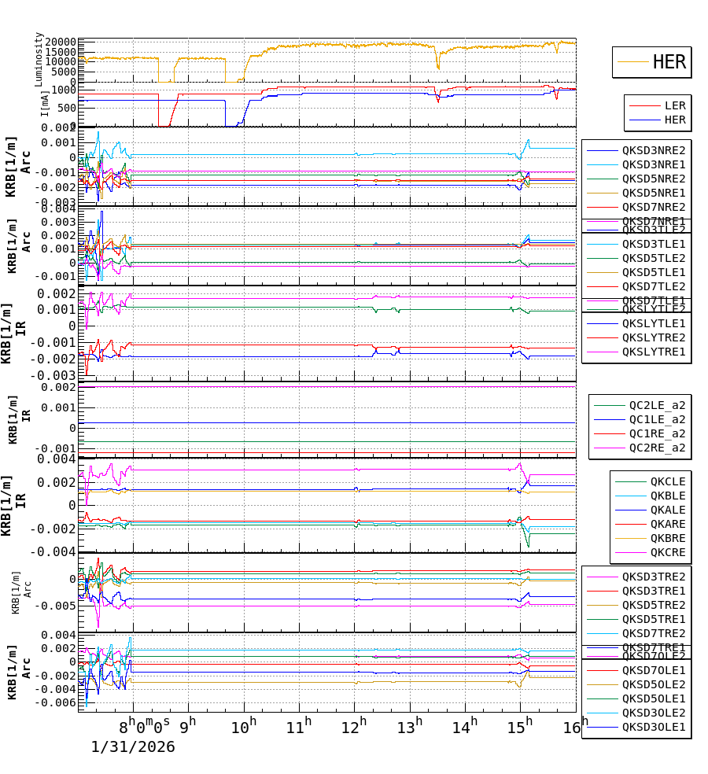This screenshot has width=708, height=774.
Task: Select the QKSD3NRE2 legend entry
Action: (653, 150)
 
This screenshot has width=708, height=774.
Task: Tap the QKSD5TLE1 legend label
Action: (653, 272)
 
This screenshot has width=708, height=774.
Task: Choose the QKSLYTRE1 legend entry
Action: (653, 352)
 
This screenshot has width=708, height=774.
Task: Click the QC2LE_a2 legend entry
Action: (656, 406)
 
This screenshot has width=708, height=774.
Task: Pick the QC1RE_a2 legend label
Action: (656, 434)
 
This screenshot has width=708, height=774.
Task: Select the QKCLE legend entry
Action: (667, 481)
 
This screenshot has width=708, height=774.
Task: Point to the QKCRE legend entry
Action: (667, 552)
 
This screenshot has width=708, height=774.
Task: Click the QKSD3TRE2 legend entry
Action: (653, 577)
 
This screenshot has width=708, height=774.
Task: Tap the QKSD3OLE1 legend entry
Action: (653, 727)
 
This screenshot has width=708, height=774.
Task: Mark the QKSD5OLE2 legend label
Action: (653, 684)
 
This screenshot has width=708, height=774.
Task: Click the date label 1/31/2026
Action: (133, 746)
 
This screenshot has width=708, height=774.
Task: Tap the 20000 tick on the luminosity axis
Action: (60, 42)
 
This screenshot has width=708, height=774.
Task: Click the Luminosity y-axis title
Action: (39, 59)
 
